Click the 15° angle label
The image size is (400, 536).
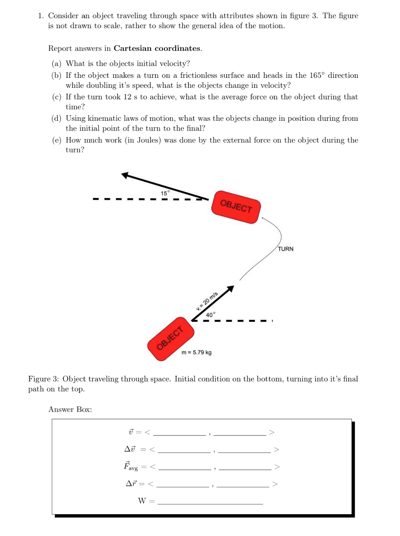point(165,193)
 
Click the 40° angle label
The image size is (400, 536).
point(210,315)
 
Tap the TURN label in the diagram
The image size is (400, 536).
point(286,249)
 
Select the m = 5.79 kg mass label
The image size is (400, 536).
point(197,352)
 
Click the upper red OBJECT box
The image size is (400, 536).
point(236,207)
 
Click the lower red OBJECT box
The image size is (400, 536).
point(171,338)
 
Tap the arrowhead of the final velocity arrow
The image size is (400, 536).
point(126,175)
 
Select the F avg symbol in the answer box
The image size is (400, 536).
point(131,466)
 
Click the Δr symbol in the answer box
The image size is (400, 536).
point(131,483)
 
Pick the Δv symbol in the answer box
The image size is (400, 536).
point(130,449)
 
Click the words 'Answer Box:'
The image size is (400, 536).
point(70,409)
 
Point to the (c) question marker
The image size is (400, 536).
point(57,97)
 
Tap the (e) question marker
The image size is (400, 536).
point(57,140)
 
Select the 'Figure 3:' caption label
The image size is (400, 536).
point(44,379)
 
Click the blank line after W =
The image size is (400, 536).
point(210,502)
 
